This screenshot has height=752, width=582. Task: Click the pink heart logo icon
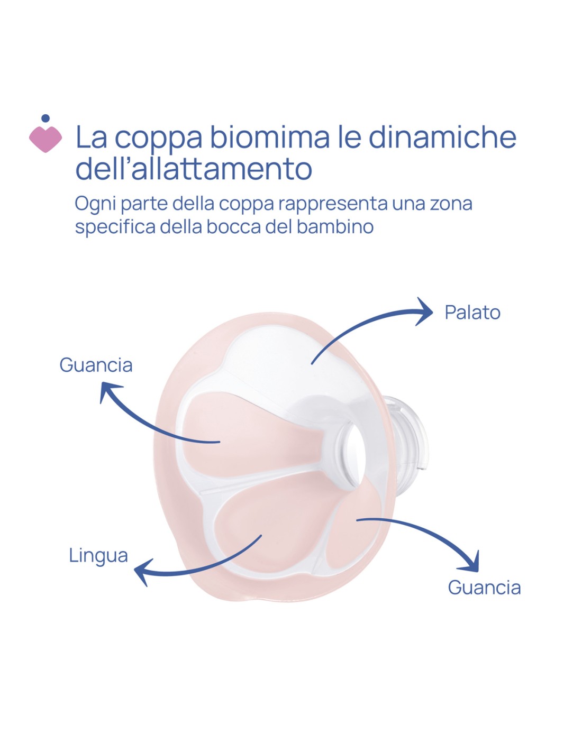point(46,139)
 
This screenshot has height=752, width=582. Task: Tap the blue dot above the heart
point(46,118)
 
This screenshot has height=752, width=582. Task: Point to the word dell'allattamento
point(194,168)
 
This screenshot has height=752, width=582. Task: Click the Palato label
point(472,313)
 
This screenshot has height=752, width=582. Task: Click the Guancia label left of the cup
point(96,365)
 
